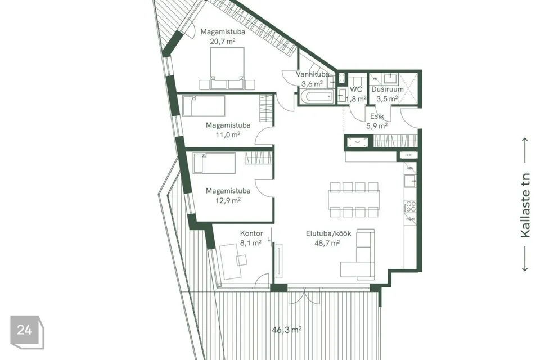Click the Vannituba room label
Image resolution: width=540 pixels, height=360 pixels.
(312, 74)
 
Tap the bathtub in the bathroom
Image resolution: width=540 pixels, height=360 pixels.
(317, 97)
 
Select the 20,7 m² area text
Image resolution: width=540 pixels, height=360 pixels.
(223, 41)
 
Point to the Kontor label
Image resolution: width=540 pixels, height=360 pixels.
(251, 233)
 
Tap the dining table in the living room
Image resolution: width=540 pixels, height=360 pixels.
(354, 200)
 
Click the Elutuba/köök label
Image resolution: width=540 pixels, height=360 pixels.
(328, 233)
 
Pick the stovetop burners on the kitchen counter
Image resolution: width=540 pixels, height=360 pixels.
(411, 206)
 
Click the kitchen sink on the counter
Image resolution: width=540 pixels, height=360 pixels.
(410, 181)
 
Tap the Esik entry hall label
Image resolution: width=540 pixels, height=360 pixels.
(377, 116)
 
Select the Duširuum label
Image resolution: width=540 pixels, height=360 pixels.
(388, 89)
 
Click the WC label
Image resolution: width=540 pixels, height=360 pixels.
(355, 89)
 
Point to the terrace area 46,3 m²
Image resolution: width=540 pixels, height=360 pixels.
(286, 330)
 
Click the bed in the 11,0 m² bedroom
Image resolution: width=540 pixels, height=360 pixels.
(204, 106)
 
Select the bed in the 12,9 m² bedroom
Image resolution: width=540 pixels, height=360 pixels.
(214, 163)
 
